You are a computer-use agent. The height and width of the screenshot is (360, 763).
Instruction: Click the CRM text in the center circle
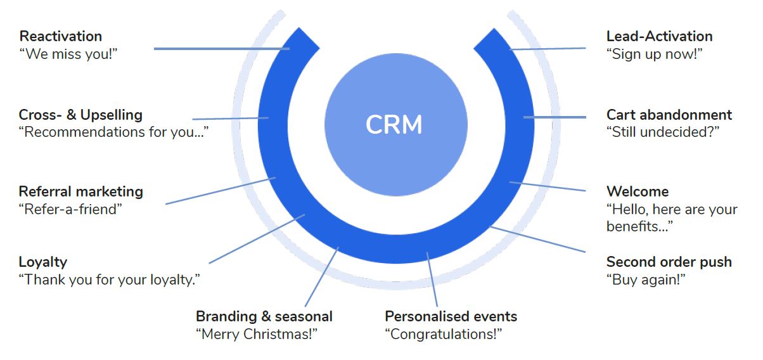(x=394, y=124)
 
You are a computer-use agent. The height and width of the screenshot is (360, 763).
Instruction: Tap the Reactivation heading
(x=61, y=36)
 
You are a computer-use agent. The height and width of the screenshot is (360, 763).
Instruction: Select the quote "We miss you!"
(x=68, y=54)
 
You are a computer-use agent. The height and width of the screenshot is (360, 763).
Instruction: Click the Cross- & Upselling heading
(x=80, y=115)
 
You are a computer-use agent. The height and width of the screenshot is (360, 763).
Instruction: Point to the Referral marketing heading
(x=80, y=192)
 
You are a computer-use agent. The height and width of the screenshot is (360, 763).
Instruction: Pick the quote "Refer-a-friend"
(x=70, y=209)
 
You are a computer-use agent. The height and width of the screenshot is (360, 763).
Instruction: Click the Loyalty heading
(x=43, y=262)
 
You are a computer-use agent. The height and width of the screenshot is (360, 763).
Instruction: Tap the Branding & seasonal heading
(x=264, y=316)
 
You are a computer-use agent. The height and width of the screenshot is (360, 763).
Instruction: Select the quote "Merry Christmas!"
(x=257, y=334)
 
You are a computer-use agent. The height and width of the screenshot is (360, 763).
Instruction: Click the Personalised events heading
(x=451, y=316)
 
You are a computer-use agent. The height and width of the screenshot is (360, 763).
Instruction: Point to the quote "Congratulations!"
(x=444, y=334)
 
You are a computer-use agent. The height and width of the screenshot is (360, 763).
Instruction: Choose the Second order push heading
(x=669, y=262)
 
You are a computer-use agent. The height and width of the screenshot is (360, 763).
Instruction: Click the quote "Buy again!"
(x=646, y=280)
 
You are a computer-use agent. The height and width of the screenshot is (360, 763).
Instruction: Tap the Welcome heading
(x=638, y=192)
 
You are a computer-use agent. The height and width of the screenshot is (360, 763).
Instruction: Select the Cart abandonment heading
(x=669, y=115)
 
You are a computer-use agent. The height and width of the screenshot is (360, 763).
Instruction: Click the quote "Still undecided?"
(x=663, y=132)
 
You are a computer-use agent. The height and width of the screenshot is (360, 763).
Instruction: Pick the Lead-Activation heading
(x=660, y=36)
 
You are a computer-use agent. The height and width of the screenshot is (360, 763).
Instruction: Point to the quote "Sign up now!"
(x=655, y=54)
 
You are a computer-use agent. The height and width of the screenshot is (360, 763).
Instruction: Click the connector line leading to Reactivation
(x=222, y=49)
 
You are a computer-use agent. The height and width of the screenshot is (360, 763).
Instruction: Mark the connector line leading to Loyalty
(x=257, y=239)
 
